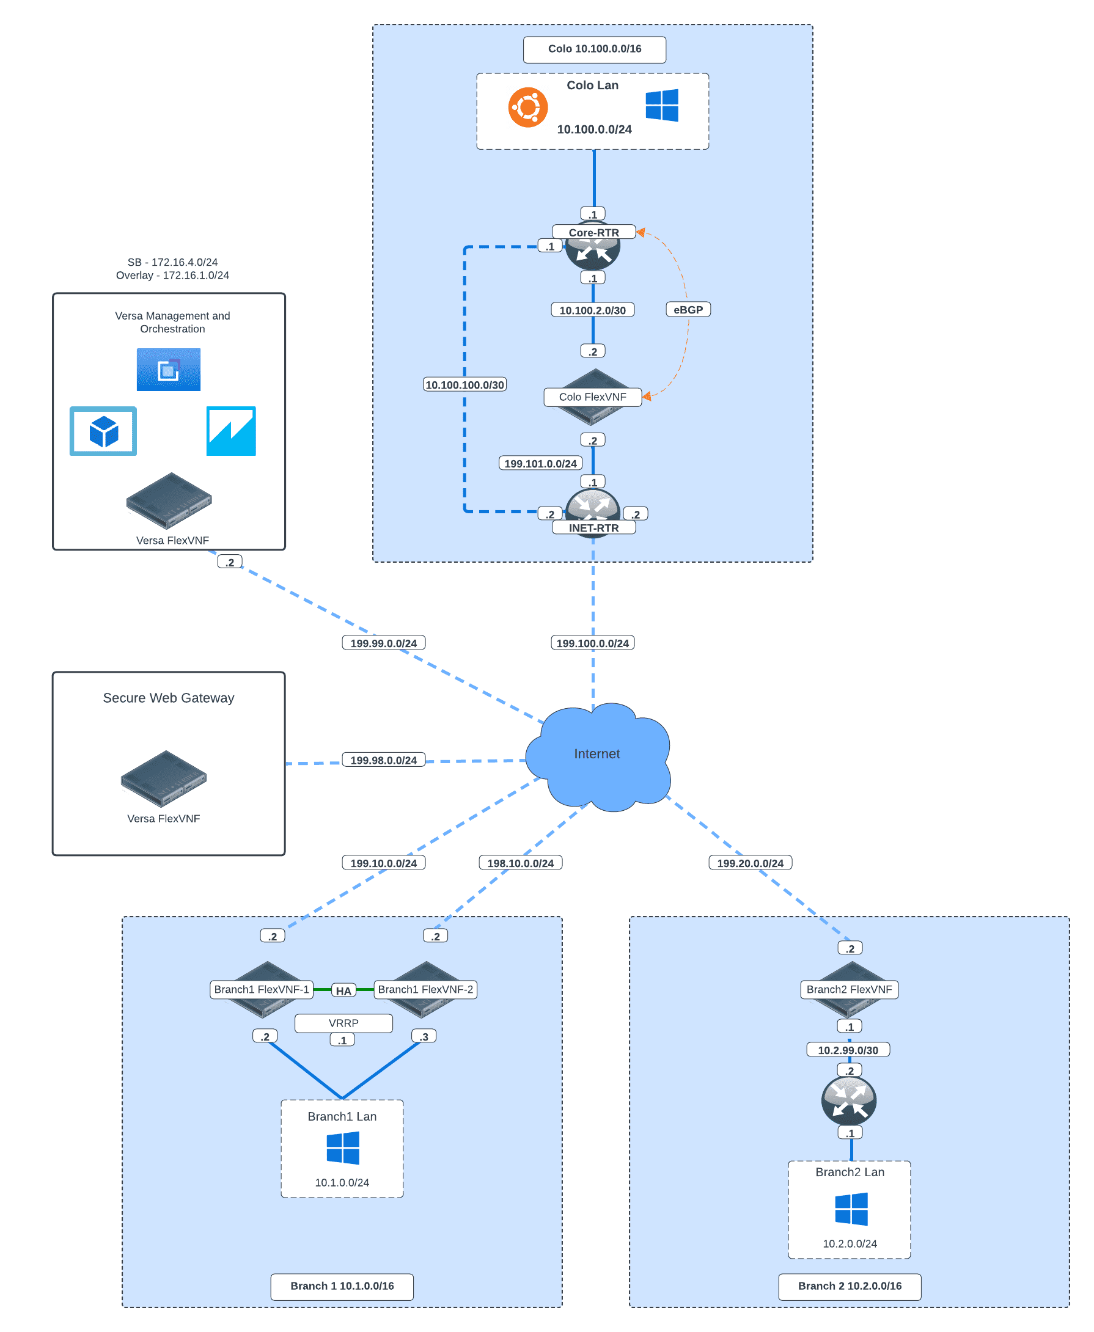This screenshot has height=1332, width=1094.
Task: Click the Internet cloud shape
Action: [597, 756]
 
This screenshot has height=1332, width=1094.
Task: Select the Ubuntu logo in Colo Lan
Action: [528, 107]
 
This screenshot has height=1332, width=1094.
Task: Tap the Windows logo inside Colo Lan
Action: [662, 105]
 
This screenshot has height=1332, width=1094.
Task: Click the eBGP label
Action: [688, 309]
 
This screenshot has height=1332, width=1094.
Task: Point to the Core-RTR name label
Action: [593, 233]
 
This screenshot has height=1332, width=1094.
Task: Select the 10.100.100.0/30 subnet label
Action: [464, 384]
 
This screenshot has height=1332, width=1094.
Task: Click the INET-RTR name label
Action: [593, 528]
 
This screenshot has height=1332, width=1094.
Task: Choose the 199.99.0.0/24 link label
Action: [383, 643]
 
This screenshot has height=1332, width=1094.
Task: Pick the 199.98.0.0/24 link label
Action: [383, 760]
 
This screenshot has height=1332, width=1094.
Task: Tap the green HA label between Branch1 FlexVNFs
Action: [343, 990]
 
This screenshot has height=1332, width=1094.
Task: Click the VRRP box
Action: [343, 1023]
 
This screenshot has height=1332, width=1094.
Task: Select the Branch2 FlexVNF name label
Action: [849, 989]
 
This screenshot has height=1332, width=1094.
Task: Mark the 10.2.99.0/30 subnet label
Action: [848, 1050]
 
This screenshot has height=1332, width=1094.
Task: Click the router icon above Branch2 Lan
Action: [849, 1101]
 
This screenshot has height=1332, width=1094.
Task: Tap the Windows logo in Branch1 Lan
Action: [343, 1147]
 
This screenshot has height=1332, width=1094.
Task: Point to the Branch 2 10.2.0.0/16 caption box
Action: [850, 1286]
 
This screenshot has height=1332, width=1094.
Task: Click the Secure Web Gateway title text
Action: [168, 698]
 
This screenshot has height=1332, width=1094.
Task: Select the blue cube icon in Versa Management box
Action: [103, 431]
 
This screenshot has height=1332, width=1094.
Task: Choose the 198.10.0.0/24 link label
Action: [520, 863]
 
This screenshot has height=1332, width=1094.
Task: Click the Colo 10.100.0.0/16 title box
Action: [594, 49]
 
